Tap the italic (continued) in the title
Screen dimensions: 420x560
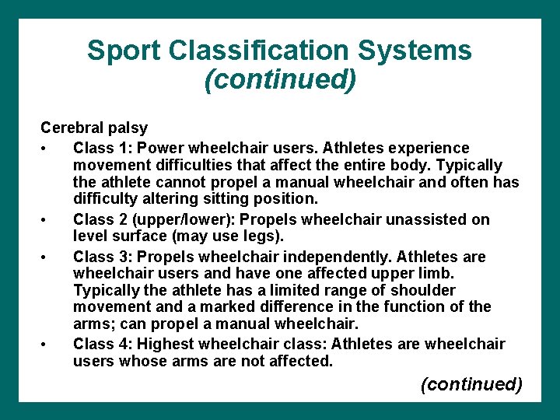click(280, 80)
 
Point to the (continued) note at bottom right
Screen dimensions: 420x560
click(471, 384)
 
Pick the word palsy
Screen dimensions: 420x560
click(128, 127)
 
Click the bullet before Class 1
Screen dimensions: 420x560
click(48, 148)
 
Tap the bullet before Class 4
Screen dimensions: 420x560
click(48, 344)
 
